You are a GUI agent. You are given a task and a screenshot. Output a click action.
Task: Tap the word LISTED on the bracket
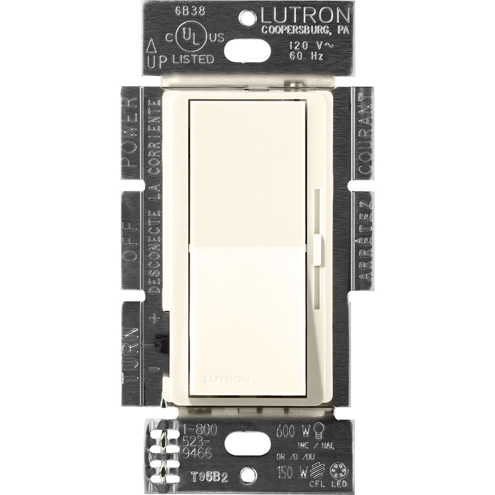click(193, 59)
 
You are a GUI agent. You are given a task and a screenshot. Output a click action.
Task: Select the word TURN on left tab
click(131, 346)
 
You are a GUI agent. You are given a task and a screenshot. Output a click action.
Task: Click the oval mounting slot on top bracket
click(247, 49)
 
